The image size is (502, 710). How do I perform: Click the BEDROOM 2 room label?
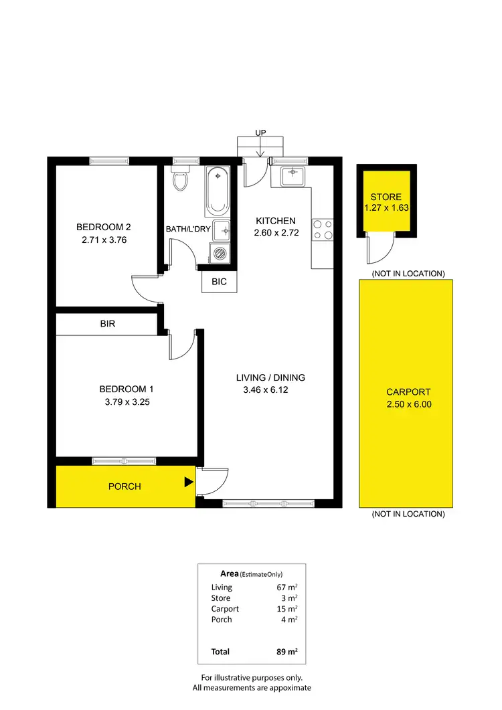coord(104,227)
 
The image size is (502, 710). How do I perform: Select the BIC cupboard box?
coord(219,282)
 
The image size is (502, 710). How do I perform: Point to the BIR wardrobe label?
coord(108,324)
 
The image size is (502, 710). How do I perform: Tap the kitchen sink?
coord(292,176)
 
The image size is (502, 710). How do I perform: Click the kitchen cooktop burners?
coord(323,230)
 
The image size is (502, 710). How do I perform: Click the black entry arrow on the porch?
coord(189,481)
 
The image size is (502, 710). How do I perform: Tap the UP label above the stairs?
coord(261,133)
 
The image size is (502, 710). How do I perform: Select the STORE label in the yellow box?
coord(386,197)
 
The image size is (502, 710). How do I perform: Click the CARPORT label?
coord(408,392)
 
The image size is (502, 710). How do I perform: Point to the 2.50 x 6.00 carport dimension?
coord(408,404)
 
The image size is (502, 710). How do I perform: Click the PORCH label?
coord(124,486)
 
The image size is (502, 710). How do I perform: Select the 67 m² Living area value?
coord(287,588)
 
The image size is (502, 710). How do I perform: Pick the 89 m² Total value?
coord(286,652)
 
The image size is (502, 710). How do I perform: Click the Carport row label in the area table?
coord(225,609)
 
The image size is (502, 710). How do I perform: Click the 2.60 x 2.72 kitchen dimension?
coord(276,233)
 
